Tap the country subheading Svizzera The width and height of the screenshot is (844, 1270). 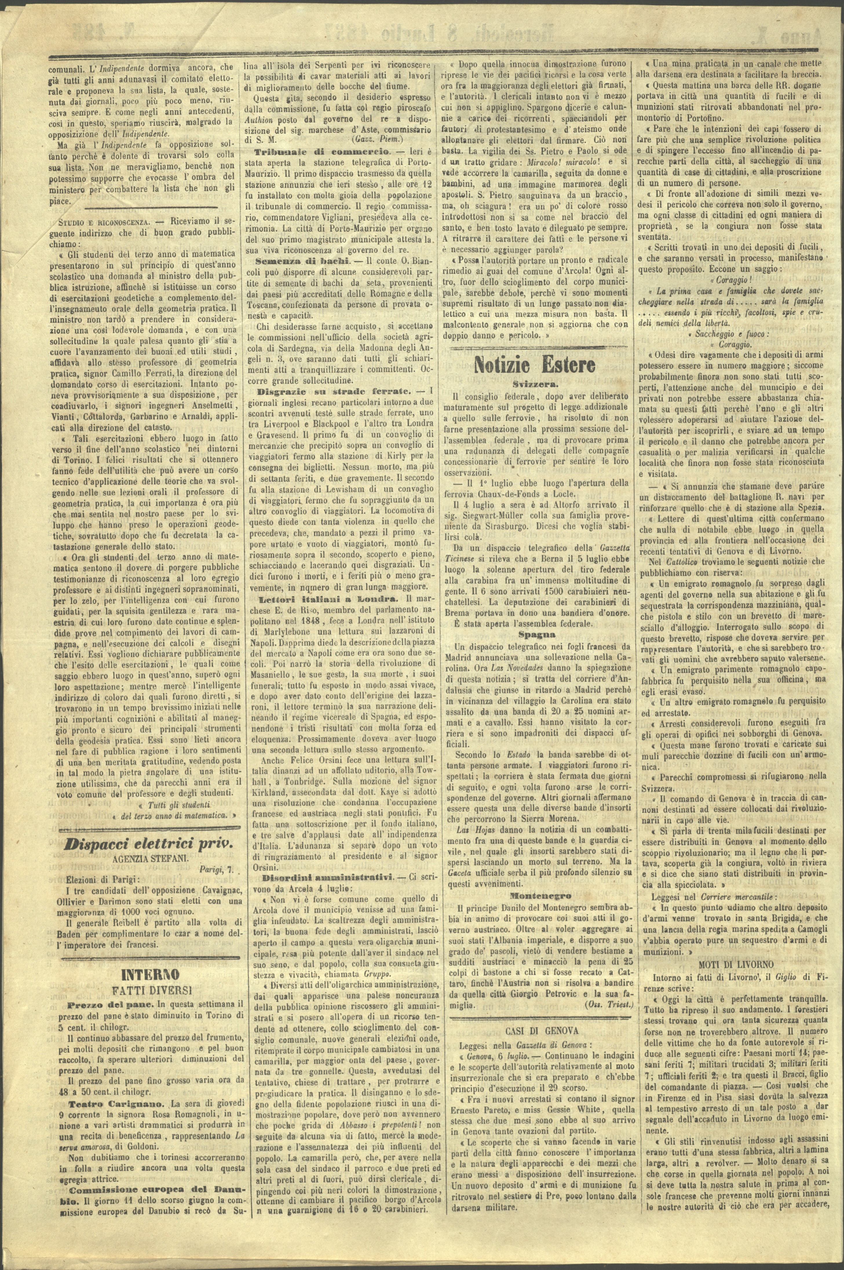point(534,385)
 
